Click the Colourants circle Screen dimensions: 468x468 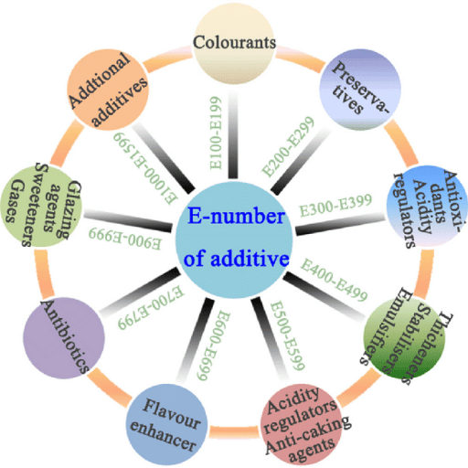(x=234, y=44)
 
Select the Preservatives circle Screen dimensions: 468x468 (x=360, y=90)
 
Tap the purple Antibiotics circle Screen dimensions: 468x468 (x=64, y=338)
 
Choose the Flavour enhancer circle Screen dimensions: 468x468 (x=166, y=424)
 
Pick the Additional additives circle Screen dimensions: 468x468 (x=108, y=90)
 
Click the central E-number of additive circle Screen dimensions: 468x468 (x=234, y=240)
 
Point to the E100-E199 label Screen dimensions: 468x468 (x=216, y=133)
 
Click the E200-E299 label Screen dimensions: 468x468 (x=288, y=146)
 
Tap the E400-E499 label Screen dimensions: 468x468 (x=335, y=280)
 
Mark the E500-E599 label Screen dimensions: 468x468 (x=287, y=335)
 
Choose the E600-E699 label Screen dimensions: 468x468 (x=213, y=346)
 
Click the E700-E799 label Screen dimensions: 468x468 (x=151, y=307)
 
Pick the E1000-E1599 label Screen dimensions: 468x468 (x=145, y=168)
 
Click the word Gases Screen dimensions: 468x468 (x=14, y=200)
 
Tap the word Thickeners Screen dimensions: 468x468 (x=428, y=348)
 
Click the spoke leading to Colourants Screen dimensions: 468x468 (x=233, y=135)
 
